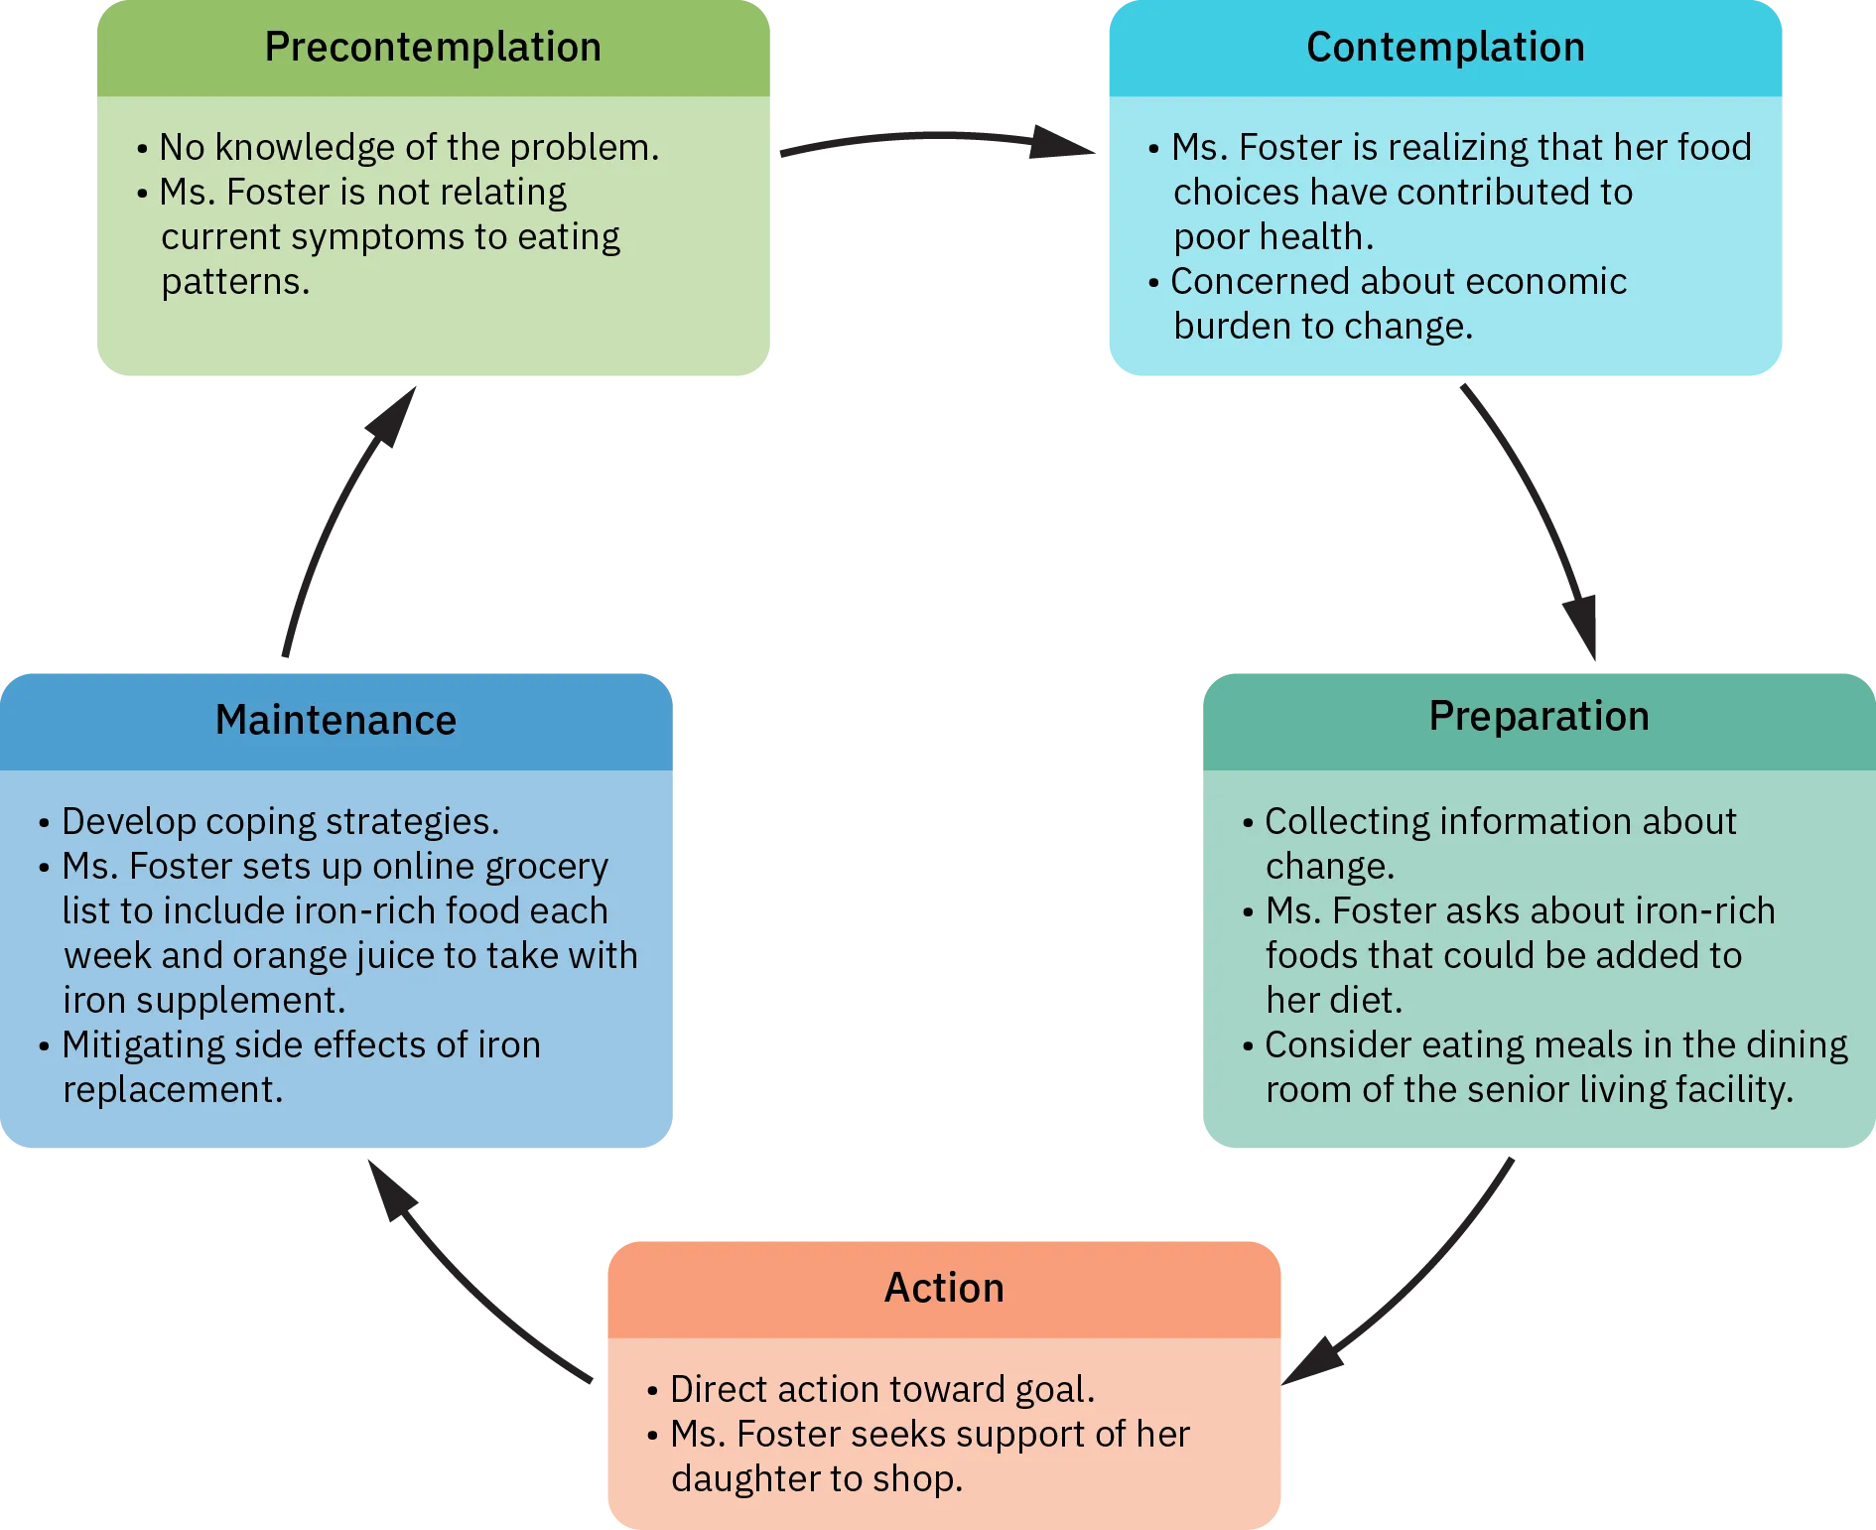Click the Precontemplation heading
click(x=433, y=48)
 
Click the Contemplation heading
click(x=1445, y=48)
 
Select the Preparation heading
click(x=1539, y=717)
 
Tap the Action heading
click(x=944, y=1288)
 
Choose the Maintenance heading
click(x=335, y=720)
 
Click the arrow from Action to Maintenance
click(x=467, y=1281)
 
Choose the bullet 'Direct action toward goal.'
click(x=881, y=1390)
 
